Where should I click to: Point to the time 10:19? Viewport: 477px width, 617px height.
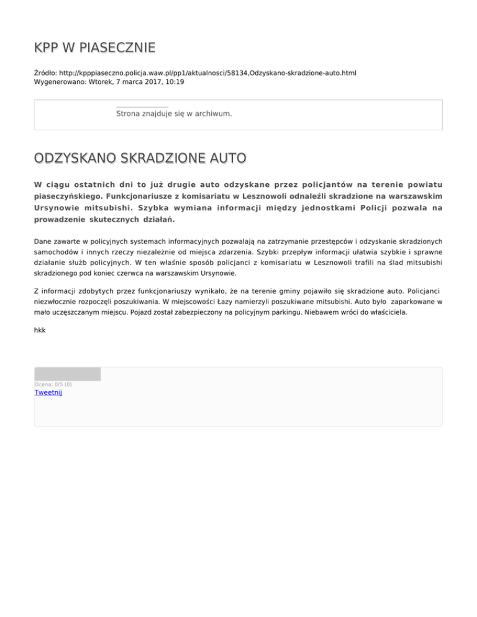(x=174, y=81)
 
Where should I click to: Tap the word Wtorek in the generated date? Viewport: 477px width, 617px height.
(x=102, y=81)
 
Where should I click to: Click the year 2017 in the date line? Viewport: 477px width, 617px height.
(x=152, y=81)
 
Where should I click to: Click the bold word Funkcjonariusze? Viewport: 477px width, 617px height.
(x=140, y=196)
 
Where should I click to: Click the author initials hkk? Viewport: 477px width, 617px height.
(x=40, y=330)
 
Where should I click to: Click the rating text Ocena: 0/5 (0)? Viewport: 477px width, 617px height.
(x=53, y=384)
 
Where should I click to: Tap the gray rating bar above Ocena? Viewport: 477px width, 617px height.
(x=67, y=374)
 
